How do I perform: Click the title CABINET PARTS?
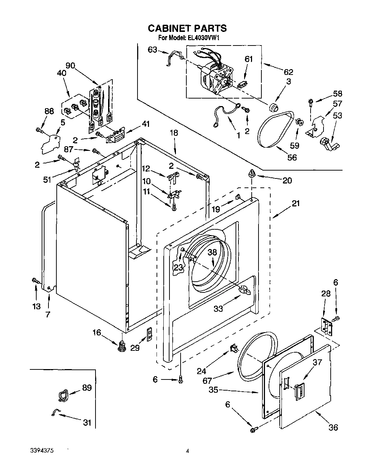click(187, 28)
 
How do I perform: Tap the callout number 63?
click(152, 50)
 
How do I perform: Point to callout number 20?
click(287, 180)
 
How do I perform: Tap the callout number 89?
click(87, 388)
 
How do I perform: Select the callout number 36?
click(333, 427)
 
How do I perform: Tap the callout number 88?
click(49, 111)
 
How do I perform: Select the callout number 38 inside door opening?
click(213, 252)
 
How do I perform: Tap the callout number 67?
click(207, 381)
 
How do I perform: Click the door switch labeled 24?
click(234, 348)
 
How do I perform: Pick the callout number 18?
click(174, 133)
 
